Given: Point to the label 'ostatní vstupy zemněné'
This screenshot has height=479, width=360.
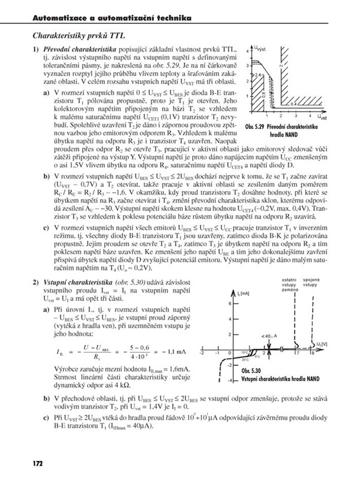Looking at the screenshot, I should tap(288, 284).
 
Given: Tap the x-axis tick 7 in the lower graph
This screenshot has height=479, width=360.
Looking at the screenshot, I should tap(298, 354).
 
